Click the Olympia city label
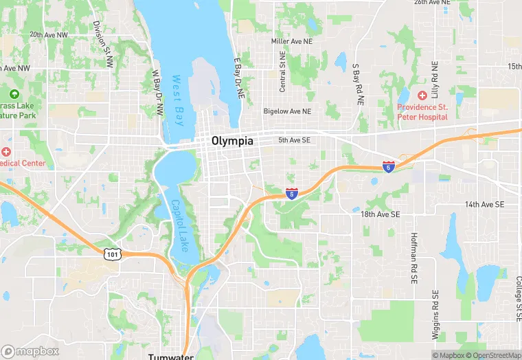click(x=232, y=141)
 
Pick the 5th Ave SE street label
click(x=295, y=140)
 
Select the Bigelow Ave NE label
click(x=287, y=111)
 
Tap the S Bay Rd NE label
click(x=357, y=84)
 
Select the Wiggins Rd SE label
click(x=435, y=315)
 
